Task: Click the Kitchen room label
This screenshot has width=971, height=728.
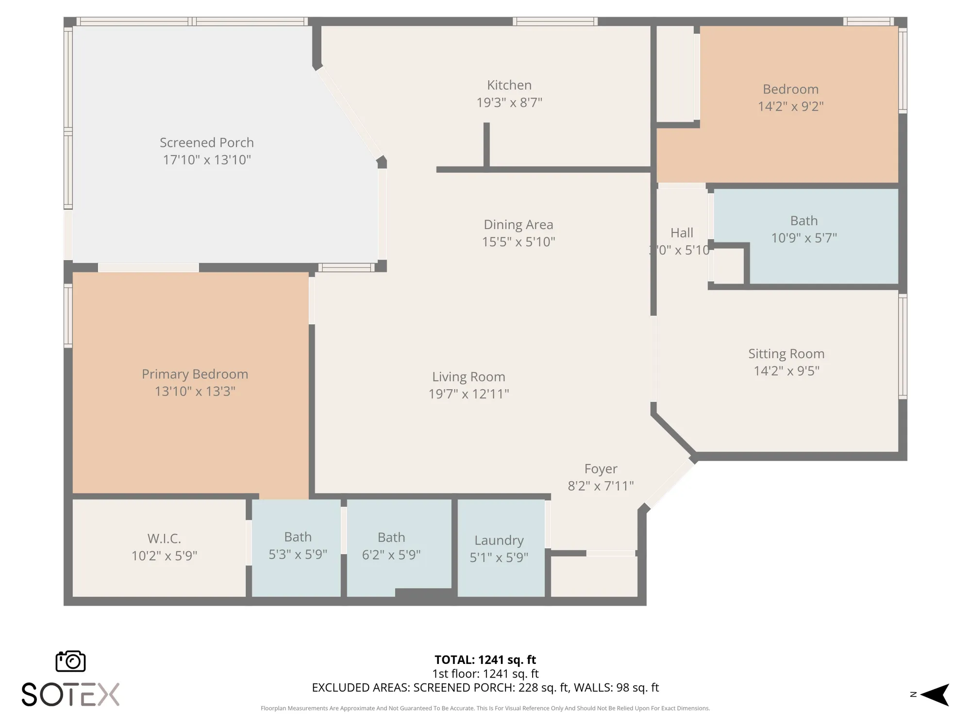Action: tap(509, 85)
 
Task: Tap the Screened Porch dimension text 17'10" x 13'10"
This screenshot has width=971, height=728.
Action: tap(207, 160)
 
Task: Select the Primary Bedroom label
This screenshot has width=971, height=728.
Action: tap(195, 374)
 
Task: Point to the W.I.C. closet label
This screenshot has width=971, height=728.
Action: tap(164, 538)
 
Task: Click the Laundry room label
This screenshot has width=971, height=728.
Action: tap(499, 540)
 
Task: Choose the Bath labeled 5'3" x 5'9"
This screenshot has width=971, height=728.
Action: tap(298, 537)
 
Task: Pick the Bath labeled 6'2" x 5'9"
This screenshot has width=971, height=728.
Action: tap(391, 537)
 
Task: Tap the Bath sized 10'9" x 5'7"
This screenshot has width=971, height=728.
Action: tap(804, 221)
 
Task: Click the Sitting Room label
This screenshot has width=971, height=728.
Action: tap(786, 353)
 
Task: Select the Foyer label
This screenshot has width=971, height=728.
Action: tap(601, 468)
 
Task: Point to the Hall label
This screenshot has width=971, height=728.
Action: tap(682, 233)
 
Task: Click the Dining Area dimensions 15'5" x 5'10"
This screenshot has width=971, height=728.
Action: tap(518, 242)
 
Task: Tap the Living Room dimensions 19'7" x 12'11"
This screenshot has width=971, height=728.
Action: tap(469, 394)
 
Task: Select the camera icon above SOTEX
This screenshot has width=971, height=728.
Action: tap(71, 661)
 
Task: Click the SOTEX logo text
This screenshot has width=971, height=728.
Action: tap(71, 695)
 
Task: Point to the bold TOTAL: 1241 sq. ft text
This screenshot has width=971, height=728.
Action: tap(485, 660)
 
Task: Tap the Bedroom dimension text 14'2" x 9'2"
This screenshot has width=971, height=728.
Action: tap(790, 106)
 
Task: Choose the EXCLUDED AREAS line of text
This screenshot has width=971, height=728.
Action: tap(485, 687)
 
